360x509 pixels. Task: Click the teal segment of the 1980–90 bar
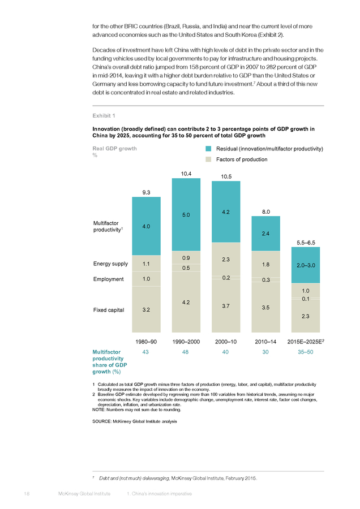click(x=146, y=226)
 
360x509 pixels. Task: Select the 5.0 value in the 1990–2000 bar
click(x=186, y=215)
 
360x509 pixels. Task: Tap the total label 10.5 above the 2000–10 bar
click(x=226, y=176)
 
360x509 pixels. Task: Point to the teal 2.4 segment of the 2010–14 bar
click(x=266, y=234)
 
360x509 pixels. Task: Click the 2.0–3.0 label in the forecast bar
click(x=306, y=265)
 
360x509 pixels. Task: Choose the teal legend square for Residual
click(x=208, y=149)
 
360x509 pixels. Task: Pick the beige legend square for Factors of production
click(x=208, y=159)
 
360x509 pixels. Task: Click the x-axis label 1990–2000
click(x=186, y=342)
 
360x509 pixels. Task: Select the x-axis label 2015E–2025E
click(x=306, y=342)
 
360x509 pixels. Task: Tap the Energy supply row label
click(x=110, y=264)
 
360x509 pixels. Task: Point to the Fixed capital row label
click(x=109, y=310)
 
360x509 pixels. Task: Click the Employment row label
click(x=109, y=279)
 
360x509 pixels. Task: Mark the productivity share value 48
click(x=185, y=352)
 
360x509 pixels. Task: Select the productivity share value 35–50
click(x=306, y=352)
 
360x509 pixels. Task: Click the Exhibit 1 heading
click(x=104, y=115)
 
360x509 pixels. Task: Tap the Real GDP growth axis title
click(x=115, y=149)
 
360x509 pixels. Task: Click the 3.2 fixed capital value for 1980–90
click(x=146, y=310)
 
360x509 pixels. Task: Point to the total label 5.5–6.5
click(x=306, y=243)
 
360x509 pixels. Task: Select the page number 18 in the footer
click(x=27, y=494)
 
